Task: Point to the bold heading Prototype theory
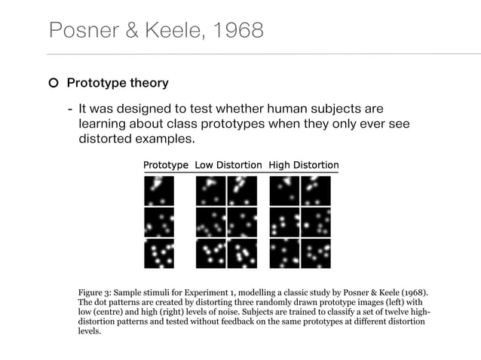click(x=118, y=83)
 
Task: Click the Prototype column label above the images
click(x=166, y=165)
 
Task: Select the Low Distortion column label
click(x=228, y=165)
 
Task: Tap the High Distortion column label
click(x=304, y=165)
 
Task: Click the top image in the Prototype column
click(x=159, y=191)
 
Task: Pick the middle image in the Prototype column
click(x=159, y=222)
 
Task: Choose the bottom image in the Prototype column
click(x=159, y=253)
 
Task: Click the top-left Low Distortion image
click(x=210, y=191)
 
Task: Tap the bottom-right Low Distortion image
click(x=242, y=253)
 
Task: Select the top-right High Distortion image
click(x=316, y=191)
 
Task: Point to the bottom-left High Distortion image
click(x=284, y=253)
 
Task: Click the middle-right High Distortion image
click(x=316, y=222)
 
